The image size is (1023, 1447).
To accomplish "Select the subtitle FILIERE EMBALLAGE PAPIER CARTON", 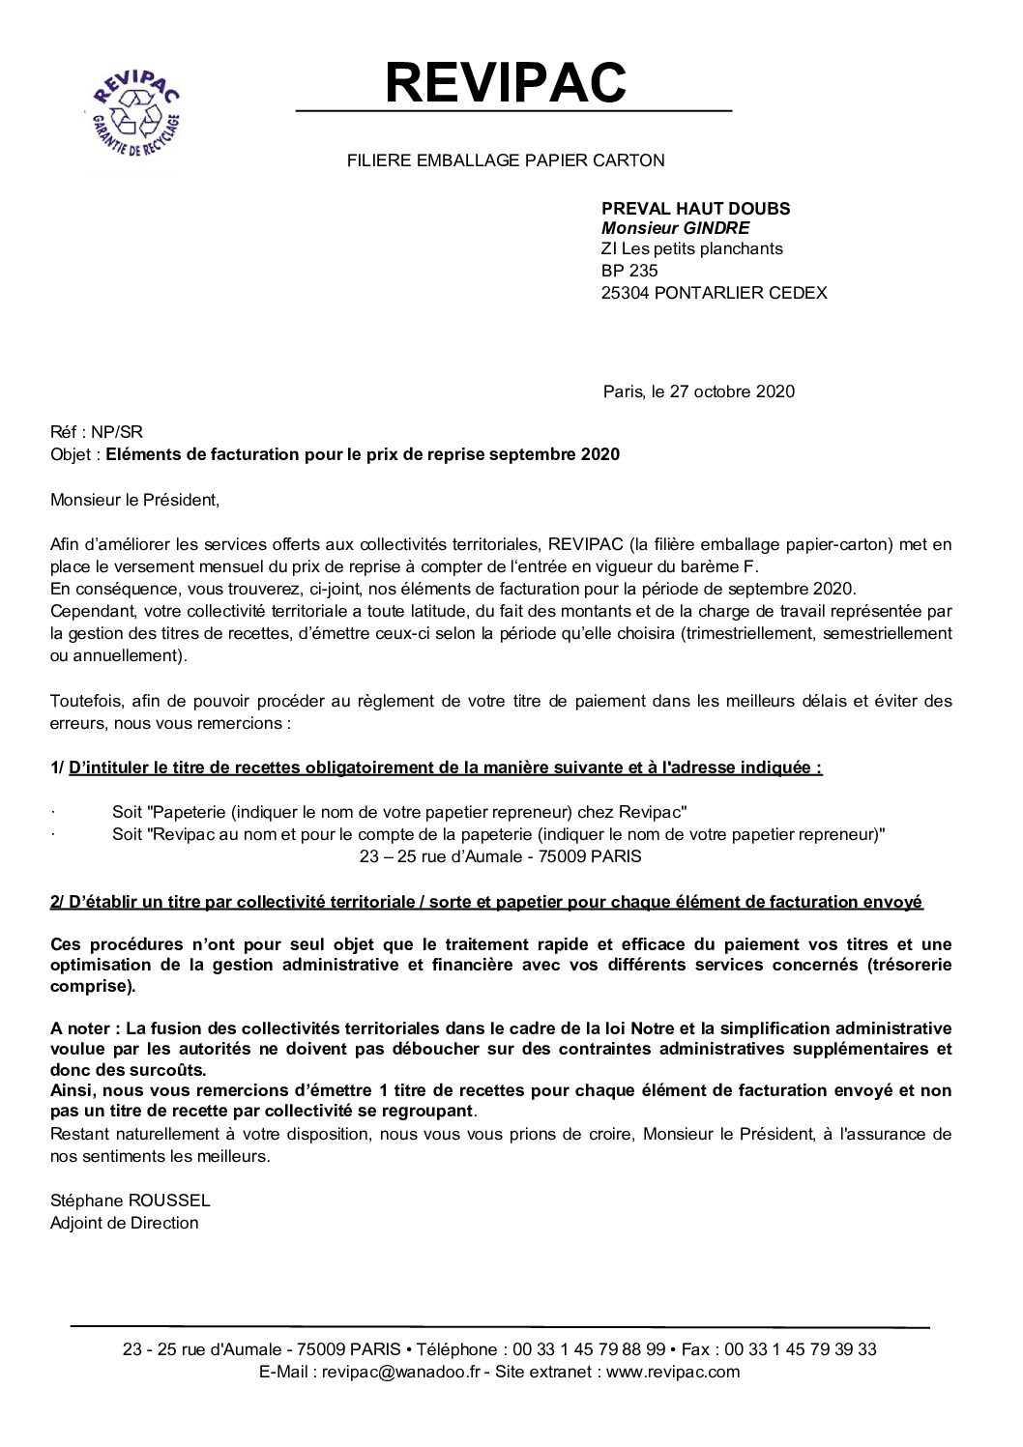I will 506,160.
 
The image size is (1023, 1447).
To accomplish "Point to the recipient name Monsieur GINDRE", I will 675,228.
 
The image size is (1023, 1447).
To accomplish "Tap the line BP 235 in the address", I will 629,271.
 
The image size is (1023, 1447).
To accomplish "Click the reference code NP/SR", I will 120,433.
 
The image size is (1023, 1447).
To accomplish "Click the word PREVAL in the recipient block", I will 634,208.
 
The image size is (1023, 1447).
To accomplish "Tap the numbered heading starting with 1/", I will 436,768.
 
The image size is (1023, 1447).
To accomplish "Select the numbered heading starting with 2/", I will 486,902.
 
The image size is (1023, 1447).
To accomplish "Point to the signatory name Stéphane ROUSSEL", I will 130,1201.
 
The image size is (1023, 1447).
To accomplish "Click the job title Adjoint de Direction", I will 124,1223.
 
